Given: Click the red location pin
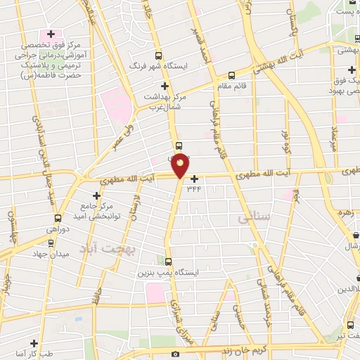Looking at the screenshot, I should [x=181, y=165].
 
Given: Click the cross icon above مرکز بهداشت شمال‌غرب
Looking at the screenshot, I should [x=165, y=86].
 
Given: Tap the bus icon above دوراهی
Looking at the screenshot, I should [x=58, y=217].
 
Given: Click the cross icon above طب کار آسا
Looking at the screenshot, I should [x=34, y=342].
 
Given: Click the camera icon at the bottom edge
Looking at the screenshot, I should [x=175, y=354].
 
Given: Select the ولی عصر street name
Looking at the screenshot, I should [x=124, y=136].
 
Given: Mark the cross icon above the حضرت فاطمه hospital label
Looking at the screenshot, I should [x=51, y=33].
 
